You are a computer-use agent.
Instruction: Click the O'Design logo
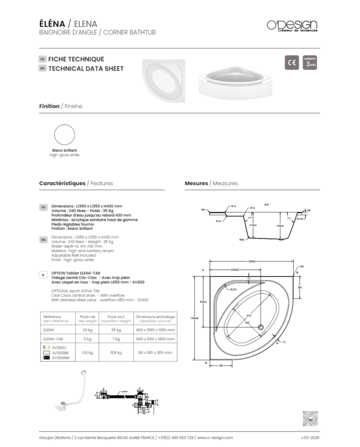pyautogui.click(x=292, y=25)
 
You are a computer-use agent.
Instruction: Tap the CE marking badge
pyautogui.click(x=292, y=62)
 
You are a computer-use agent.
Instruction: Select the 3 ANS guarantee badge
pyautogui.click(x=310, y=62)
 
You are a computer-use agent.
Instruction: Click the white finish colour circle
pyautogui.click(x=65, y=135)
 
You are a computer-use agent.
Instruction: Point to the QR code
pyautogui.click(x=310, y=418)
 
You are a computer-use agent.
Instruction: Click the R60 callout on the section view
pyautogui.click(x=241, y=239)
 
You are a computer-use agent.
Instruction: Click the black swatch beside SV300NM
pyautogui.click(x=47, y=357)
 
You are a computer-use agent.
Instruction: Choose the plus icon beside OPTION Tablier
pyautogui.click(x=43, y=275)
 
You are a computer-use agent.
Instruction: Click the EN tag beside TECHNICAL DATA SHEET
pyautogui.click(x=43, y=68)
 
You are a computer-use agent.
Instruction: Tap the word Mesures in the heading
pyautogui.click(x=196, y=183)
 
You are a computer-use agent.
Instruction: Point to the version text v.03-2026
pyautogui.click(x=310, y=437)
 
